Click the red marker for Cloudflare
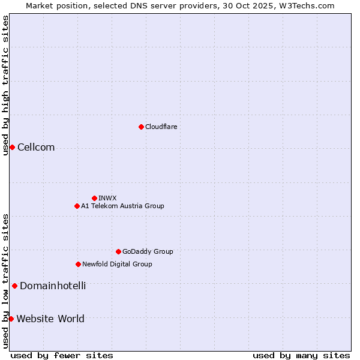click(x=141, y=127)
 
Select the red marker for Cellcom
click(x=12, y=148)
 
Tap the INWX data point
click(x=94, y=198)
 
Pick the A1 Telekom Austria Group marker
click(x=77, y=206)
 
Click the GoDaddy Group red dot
click(x=118, y=251)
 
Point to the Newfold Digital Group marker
click(x=78, y=264)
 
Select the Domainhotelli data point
click(x=14, y=286)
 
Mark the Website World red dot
click(x=11, y=319)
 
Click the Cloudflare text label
click(x=161, y=127)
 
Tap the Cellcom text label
click(x=36, y=148)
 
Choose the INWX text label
click(x=107, y=198)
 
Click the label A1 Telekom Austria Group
click(x=122, y=206)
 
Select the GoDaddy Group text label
click(x=148, y=251)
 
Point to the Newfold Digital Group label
click(x=117, y=264)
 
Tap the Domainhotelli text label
click(x=53, y=286)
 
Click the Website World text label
click(x=50, y=319)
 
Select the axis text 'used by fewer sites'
click(x=62, y=355)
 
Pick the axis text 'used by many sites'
click(x=301, y=355)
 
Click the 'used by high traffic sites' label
click(x=5, y=85)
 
